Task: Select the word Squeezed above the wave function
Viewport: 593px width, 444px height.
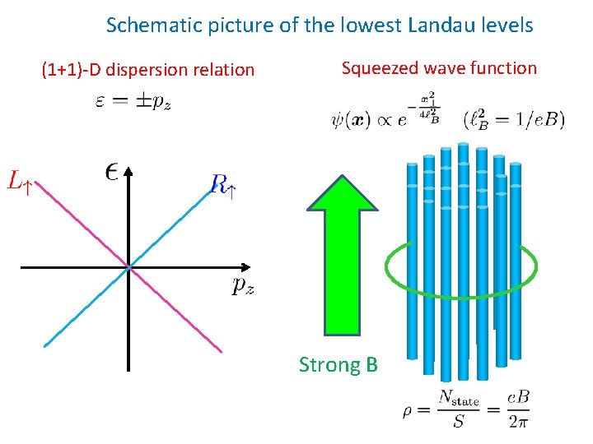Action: coord(381,68)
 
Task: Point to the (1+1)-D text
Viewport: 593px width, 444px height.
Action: coord(68,70)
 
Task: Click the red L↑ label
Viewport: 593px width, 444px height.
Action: coord(21,180)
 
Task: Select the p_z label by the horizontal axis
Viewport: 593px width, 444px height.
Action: coord(243,285)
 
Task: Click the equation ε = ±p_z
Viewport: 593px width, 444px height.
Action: coord(133,102)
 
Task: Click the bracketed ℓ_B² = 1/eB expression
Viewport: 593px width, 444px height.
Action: coord(514,119)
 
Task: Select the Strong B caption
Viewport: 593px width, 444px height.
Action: coord(338,364)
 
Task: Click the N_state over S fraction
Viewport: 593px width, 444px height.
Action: coord(458,409)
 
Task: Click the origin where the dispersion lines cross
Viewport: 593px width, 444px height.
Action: coord(129,267)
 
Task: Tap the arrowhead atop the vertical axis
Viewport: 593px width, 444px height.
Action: coord(129,170)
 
